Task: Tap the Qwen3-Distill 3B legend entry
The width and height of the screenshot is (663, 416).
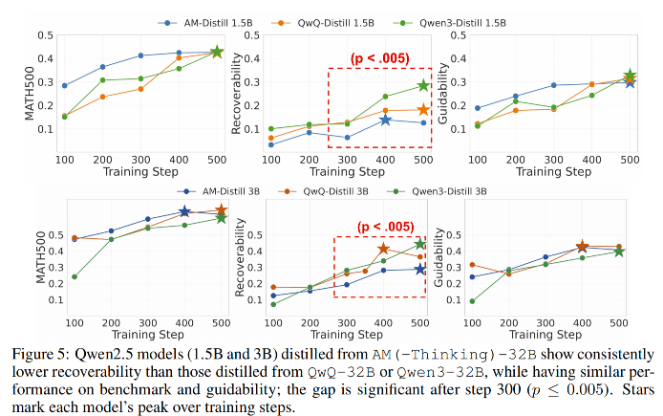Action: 437,191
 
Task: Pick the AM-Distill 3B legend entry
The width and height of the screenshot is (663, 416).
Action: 218,191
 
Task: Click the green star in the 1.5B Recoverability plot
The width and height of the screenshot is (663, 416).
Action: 423,85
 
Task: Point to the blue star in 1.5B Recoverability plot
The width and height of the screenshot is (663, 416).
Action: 385,120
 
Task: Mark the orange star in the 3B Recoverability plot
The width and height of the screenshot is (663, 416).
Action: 383,249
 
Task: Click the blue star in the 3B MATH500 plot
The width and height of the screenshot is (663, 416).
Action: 184,211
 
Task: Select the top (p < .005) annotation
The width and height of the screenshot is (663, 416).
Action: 379,58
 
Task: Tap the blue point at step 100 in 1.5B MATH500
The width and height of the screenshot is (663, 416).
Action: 65,85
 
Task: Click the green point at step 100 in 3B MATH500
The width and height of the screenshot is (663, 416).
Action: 75,276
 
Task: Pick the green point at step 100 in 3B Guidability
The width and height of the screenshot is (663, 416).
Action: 472,301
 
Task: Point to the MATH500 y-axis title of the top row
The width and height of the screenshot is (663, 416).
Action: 30,94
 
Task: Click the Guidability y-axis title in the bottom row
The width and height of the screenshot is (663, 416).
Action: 438,257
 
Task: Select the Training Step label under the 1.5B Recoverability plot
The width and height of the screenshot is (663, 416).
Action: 347,172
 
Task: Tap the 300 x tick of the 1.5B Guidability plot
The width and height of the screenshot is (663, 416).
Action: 553,160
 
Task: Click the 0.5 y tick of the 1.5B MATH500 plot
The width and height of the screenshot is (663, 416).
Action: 45,35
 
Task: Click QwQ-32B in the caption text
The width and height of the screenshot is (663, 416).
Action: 342,372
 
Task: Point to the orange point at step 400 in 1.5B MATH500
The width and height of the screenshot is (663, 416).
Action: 179,57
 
